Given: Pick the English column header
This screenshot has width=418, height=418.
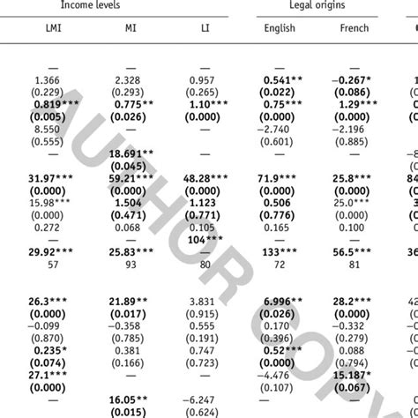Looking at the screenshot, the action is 280,28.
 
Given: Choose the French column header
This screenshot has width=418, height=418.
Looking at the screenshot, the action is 355,28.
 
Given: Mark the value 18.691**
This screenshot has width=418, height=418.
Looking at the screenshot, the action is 128,153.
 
